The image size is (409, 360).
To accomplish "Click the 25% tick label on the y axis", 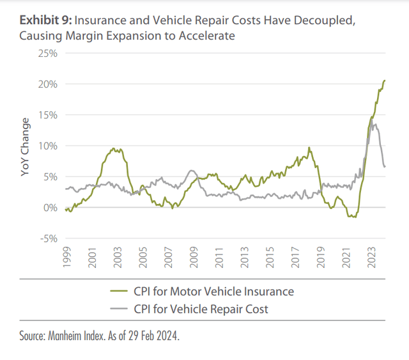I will pos(49,53).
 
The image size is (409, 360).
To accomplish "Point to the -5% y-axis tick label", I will pos(49,239).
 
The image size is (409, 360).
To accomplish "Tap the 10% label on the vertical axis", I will pos(49,146).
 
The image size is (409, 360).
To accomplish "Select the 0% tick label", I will pos(51,208).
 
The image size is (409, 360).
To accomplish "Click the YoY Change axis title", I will pos(26,146).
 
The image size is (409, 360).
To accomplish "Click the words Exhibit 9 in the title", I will pos(43,20).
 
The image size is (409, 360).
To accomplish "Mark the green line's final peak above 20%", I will pos(385,81).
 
